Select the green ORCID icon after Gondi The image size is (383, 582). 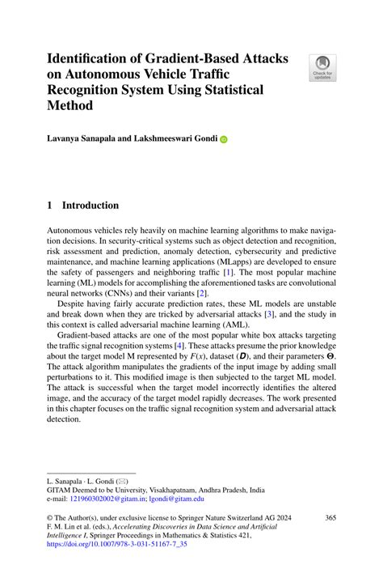pyautogui.click(x=224, y=139)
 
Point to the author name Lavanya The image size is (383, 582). pyautogui.click(x=68, y=138)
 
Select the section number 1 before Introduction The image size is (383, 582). pyautogui.click(x=49, y=206)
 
